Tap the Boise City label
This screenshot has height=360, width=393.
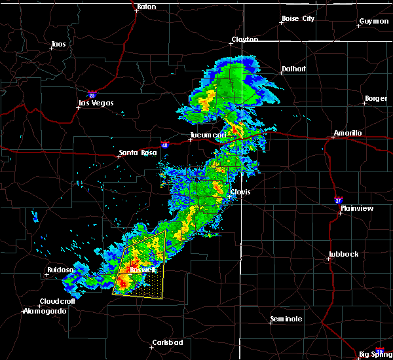tap(298, 19)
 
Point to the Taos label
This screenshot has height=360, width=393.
tap(58, 45)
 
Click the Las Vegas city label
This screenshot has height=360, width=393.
tap(96, 103)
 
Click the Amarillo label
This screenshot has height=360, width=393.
tap(347, 133)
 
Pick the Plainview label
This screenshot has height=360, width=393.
tap(360, 208)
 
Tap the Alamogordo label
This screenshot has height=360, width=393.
tap(46, 311)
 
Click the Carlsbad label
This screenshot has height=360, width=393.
tap(168, 342)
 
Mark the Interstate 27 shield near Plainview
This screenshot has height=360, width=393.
tap(338, 200)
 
